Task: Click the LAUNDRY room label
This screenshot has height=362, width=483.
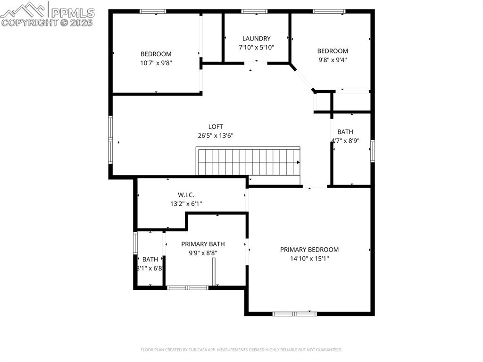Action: coord(257,39)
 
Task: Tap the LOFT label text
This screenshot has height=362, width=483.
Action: coord(216,126)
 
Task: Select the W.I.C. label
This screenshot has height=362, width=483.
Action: coord(186,195)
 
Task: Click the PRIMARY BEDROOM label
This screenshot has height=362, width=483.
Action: coord(309,250)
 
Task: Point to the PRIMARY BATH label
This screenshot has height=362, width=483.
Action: coord(203,244)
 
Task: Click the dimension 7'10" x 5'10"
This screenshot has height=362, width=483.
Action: coord(257,47)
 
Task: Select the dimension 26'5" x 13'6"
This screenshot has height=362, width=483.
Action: coord(216,135)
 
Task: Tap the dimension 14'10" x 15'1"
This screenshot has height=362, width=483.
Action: coord(309,259)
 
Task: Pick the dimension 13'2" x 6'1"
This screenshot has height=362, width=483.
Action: coord(186,204)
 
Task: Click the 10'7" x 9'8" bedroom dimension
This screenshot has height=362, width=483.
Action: coord(156,63)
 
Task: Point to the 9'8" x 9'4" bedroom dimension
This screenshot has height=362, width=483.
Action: coord(333,60)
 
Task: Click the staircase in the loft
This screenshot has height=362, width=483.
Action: coord(248,161)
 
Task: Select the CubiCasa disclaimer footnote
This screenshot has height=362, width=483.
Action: coord(241,350)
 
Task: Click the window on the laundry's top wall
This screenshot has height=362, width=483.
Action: coord(255,11)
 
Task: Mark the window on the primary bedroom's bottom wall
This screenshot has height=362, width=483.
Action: coord(295,313)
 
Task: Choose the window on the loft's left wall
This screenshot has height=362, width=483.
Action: coord(110,140)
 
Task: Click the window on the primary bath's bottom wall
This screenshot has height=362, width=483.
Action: coord(188,287)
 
